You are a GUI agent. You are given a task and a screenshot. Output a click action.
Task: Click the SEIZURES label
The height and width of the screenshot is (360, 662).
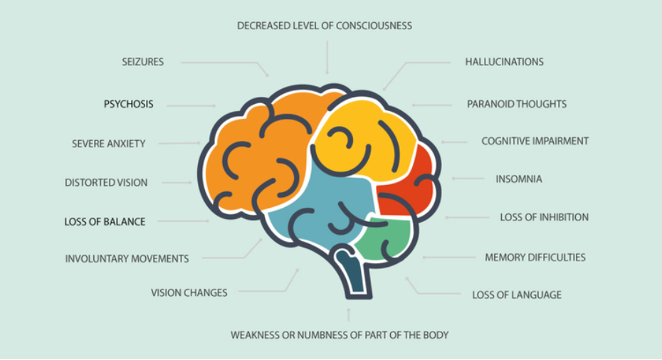pyautogui.click(x=142, y=62)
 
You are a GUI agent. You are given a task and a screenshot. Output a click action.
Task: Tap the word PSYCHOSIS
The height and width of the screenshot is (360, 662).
pyautogui.click(x=128, y=104)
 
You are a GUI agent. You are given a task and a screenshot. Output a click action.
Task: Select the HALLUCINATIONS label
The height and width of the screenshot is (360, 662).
pyautogui.click(x=504, y=62)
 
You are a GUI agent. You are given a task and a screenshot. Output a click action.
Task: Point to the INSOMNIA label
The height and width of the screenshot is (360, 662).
pyautogui.click(x=519, y=179)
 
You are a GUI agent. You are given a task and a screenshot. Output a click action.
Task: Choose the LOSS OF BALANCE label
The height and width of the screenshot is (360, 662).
pyautogui.click(x=105, y=221)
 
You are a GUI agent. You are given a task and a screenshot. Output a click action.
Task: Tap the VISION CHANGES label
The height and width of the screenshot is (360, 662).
pyautogui.click(x=189, y=292)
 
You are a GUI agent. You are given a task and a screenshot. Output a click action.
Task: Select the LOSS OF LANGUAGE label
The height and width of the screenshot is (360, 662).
pyautogui.click(x=517, y=295)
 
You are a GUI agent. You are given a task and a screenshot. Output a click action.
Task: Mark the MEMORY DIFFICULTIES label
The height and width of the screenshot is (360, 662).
pyautogui.click(x=535, y=258)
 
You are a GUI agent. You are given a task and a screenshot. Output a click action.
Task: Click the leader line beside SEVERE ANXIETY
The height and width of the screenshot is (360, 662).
pyautogui.click(x=179, y=144)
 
